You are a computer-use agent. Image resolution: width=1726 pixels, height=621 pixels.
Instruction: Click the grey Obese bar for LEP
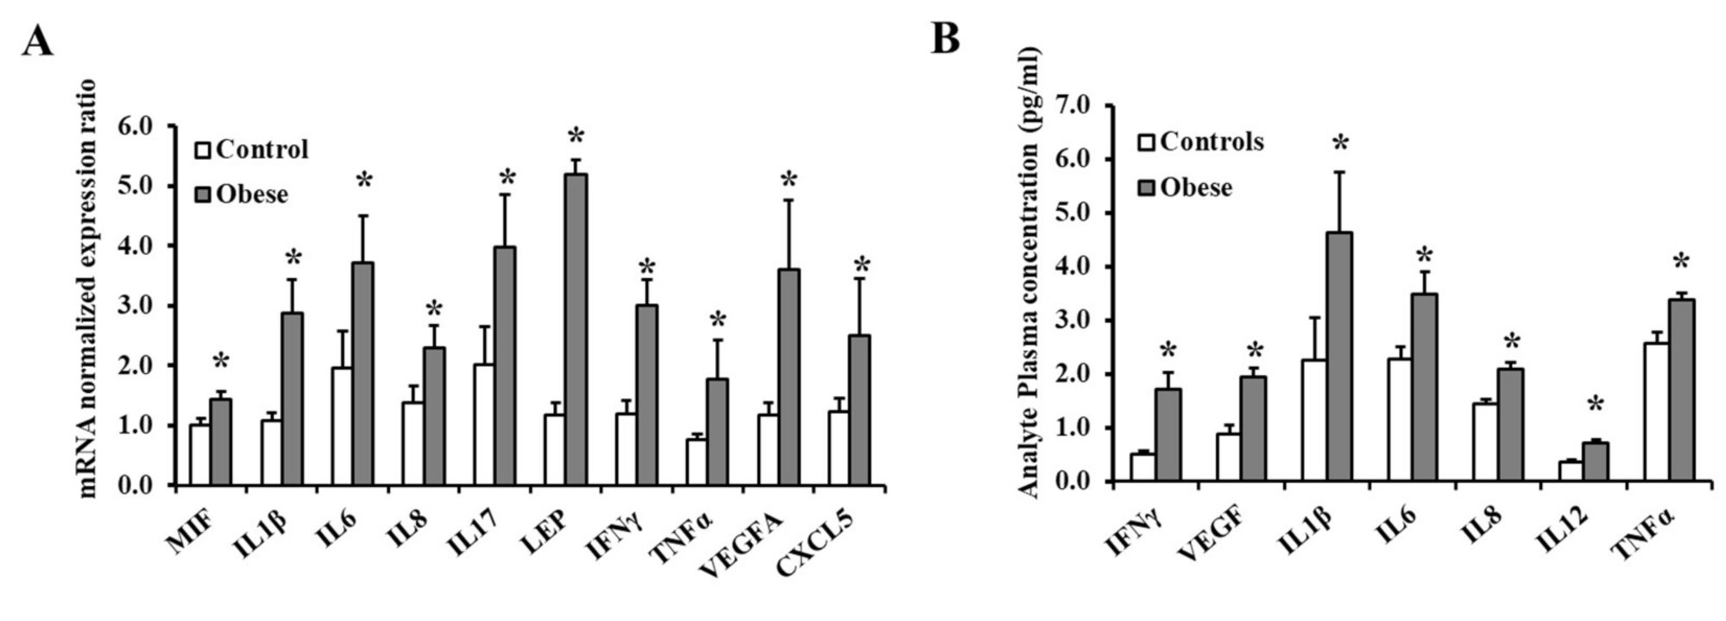(x=576, y=329)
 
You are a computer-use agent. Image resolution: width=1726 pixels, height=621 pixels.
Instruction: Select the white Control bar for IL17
(x=484, y=424)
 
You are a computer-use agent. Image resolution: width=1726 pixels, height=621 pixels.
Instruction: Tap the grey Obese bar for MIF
(x=222, y=441)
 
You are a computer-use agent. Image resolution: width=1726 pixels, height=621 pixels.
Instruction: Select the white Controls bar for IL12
(x=1571, y=471)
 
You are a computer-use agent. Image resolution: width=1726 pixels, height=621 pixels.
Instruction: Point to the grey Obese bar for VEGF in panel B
(x=1254, y=428)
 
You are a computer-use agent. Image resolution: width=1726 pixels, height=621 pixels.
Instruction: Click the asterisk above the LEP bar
(x=576, y=137)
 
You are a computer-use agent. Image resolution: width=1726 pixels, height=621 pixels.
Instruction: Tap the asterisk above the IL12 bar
(x=1595, y=404)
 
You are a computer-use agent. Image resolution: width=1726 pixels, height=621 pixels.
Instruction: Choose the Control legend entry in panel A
(x=252, y=149)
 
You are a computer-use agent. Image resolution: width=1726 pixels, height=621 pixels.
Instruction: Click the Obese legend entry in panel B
(x=1186, y=187)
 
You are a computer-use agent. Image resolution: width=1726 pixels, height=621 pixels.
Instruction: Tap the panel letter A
(x=37, y=41)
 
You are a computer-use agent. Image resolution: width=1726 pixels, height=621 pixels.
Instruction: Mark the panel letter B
(x=946, y=38)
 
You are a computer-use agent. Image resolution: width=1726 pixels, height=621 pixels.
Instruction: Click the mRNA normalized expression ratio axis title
(x=87, y=288)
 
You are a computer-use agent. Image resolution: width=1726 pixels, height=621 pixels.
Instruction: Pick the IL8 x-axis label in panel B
(x=1482, y=523)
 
